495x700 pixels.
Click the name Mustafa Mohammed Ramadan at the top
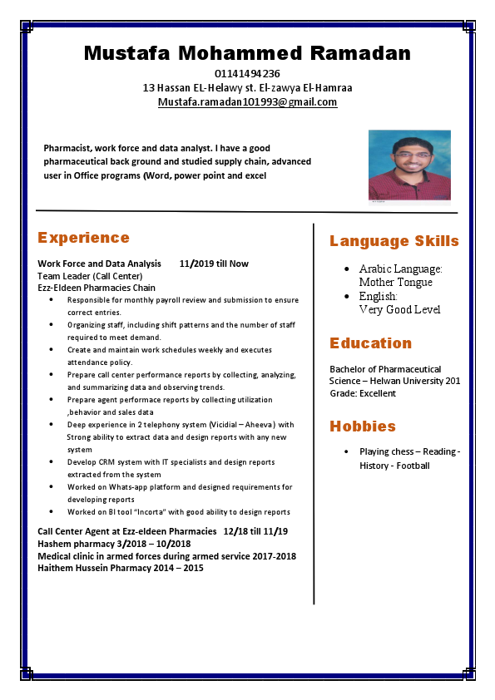pos(247,53)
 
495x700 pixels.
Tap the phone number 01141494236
pos(247,74)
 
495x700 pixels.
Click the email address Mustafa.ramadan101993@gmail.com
pos(247,102)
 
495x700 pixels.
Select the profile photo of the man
pos(408,165)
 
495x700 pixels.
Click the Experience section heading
pos(83,238)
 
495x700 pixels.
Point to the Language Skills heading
pos(394,241)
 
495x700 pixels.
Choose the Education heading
pos(370,343)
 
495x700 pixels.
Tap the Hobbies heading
pos(362,426)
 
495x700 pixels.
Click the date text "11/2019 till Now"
pos(214,264)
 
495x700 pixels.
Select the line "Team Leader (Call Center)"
pos(90,276)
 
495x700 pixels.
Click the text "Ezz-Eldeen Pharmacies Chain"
pos(97,288)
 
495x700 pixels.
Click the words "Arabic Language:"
pos(400,269)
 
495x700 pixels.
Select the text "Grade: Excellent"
pos(363,393)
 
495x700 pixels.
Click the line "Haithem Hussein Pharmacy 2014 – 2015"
pos(121,568)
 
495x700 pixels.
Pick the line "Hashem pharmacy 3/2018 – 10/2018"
pos(114,544)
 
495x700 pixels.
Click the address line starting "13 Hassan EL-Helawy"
pos(247,87)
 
